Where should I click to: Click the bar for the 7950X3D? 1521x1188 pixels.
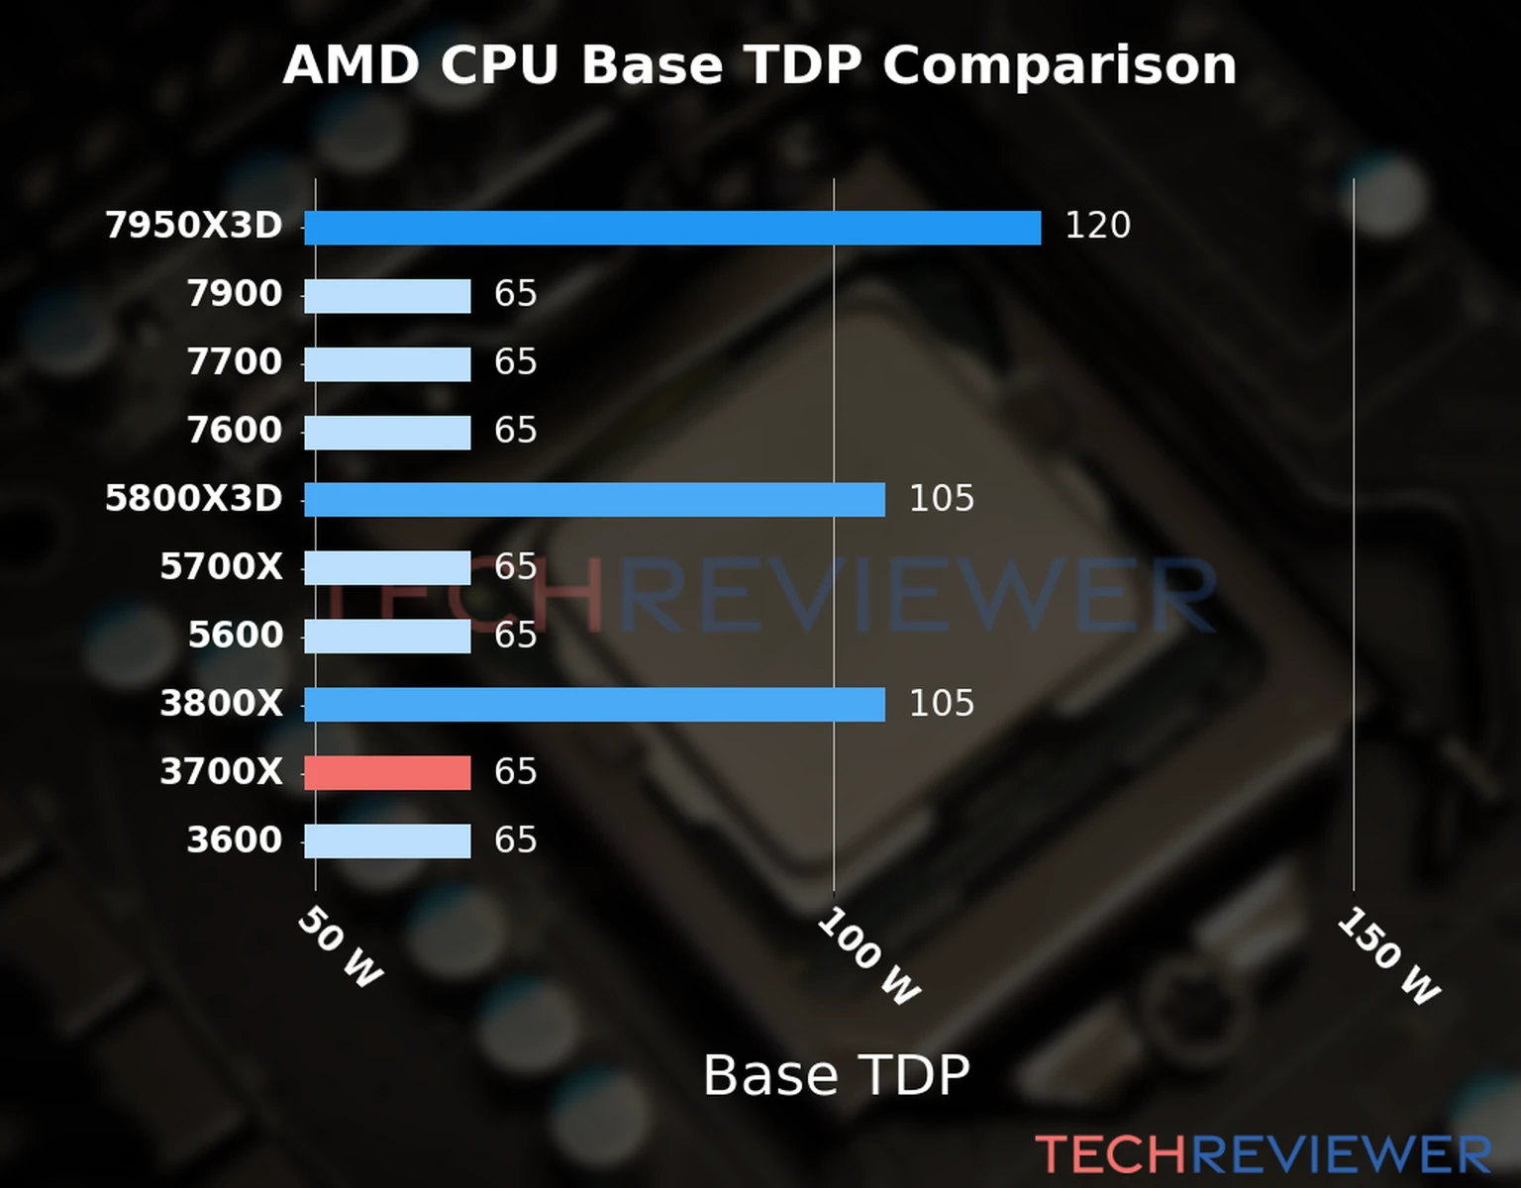672,228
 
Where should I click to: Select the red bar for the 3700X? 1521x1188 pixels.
387,773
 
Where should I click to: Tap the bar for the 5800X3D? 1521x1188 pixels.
594,500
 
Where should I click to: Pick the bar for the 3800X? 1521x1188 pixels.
594,705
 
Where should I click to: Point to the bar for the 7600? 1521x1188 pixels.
387,433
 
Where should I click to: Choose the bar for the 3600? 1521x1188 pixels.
387,841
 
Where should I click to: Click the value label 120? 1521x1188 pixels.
1097,227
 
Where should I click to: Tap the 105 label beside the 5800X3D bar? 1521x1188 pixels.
941,499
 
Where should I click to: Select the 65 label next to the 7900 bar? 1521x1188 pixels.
515,294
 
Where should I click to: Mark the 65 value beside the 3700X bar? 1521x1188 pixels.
515,772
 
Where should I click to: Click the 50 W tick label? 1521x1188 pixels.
340,948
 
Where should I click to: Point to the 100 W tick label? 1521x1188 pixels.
868,957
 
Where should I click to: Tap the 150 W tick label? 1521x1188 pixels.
1387,957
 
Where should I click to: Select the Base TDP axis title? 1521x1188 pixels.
836,1076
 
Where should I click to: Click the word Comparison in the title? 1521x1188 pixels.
1060,66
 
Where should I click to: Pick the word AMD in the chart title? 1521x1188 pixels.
351,66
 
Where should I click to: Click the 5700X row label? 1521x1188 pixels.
221,567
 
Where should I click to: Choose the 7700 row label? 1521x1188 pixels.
235,362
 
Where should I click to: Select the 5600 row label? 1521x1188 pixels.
236,636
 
